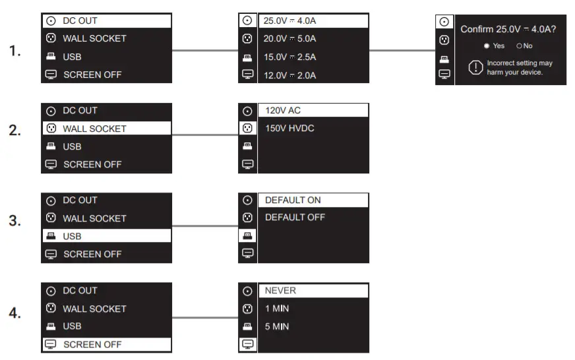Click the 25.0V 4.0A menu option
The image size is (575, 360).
click(x=290, y=20)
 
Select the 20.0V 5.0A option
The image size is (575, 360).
click(x=290, y=38)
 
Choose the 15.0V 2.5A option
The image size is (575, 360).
click(x=290, y=57)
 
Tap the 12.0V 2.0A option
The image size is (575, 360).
click(x=290, y=75)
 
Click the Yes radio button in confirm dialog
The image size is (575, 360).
click(x=487, y=46)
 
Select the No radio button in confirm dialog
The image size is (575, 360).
click(x=519, y=46)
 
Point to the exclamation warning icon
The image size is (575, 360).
click(x=475, y=67)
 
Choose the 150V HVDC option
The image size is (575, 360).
click(x=289, y=128)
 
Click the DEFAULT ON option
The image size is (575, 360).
click(x=293, y=200)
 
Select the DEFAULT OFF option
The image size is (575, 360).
click(x=295, y=217)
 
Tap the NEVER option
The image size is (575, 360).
click(x=280, y=290)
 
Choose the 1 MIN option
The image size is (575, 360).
click(x=277, y=309)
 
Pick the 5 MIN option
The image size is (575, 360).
click(x=277, y=326)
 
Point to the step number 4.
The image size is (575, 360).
click(x=15, y=314)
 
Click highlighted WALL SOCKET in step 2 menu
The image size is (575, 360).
click(x=94, y=129)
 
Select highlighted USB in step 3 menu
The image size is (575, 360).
click(x=72, y=236)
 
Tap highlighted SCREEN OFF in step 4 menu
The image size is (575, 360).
click(x=92, y=344)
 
